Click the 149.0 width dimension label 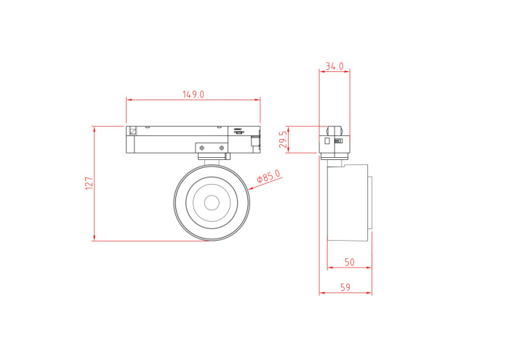193,95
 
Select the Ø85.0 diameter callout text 268,179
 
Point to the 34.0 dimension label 334,66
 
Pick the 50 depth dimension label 349,262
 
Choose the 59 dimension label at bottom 345,288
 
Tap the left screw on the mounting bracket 202,148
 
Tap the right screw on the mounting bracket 222,148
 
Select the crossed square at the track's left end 133,132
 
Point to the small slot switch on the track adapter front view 239,132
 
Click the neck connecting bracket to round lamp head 212,161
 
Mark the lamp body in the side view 347,203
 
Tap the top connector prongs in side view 334,124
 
